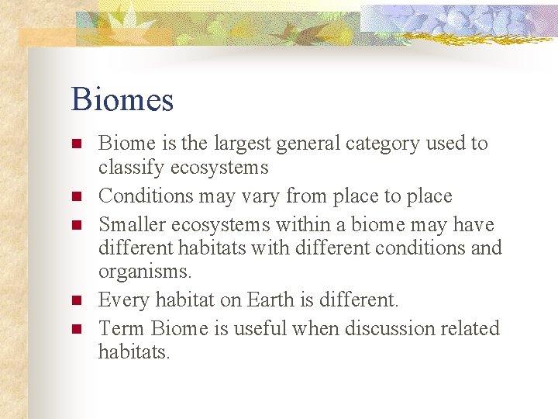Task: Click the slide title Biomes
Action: click(x=122, y=100)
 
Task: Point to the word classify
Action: click(x=131, y=168)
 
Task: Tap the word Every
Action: click(x=124, y=300)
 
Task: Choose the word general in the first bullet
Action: click(x=298, y=144)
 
